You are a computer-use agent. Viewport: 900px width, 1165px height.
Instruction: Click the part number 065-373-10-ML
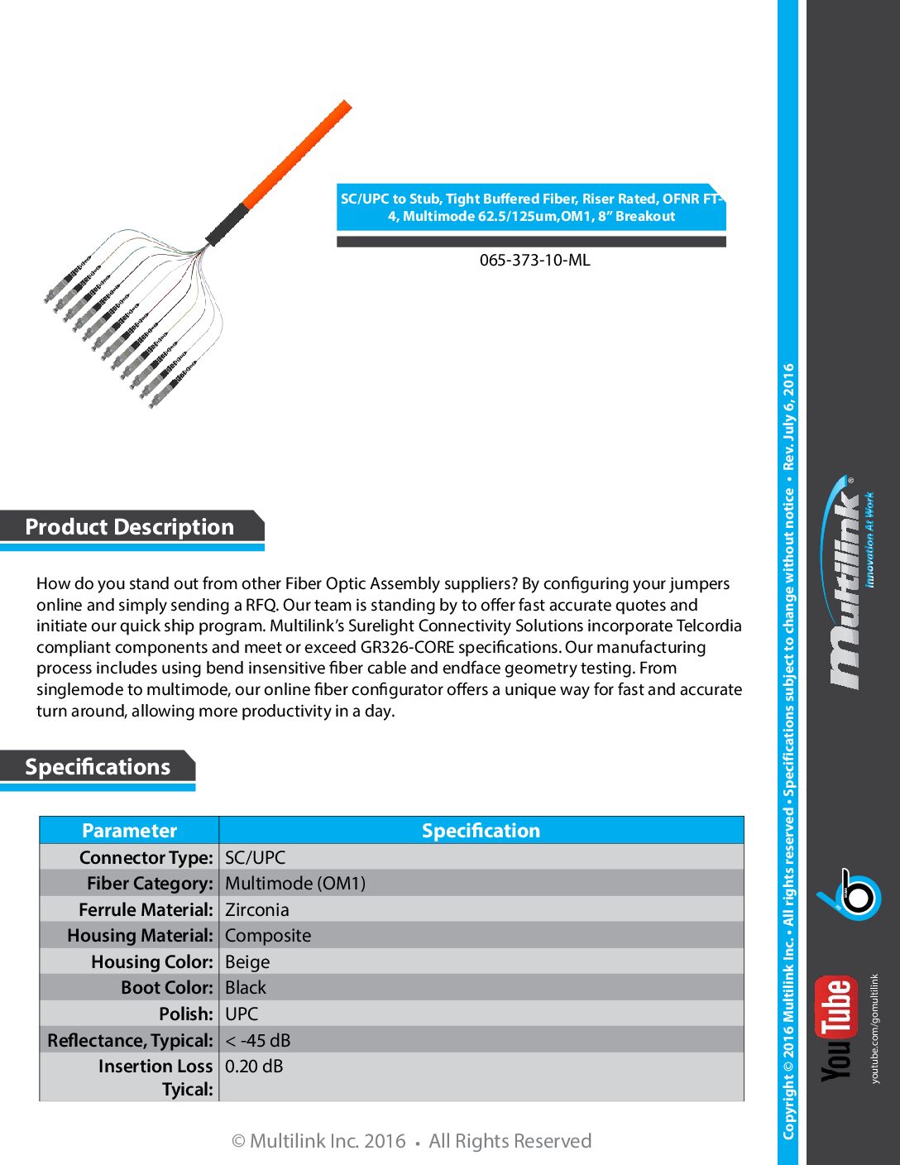534,260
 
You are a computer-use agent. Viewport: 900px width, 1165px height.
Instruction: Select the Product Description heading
130,527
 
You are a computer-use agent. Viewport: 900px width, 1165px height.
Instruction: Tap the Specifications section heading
98,767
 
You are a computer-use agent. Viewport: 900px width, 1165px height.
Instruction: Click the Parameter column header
129,831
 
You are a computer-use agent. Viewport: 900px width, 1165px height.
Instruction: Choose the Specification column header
481,831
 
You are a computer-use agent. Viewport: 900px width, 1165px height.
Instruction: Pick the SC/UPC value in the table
255,857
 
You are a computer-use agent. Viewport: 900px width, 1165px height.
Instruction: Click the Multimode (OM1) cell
295,883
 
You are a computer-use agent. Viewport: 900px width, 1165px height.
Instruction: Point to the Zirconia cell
257,909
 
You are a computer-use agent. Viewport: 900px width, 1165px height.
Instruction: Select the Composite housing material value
268,935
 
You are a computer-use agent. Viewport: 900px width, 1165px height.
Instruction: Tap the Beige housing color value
247,961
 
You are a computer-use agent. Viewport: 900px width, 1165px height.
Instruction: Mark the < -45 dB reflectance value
257,1040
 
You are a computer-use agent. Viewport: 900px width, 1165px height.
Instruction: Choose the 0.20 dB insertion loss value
254,1067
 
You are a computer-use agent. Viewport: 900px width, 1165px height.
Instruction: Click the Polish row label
186,1014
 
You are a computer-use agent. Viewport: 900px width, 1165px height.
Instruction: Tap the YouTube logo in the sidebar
835,1028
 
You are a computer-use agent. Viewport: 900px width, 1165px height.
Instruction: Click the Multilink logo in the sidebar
845,583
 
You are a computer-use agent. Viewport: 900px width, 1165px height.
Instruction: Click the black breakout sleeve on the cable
225,223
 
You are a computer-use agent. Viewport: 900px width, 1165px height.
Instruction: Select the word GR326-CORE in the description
407,647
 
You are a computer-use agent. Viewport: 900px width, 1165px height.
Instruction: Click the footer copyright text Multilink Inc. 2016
328,1141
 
